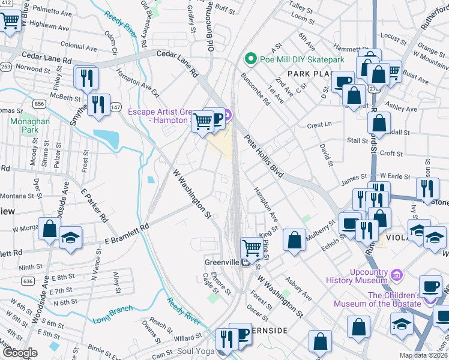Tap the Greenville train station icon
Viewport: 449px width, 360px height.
pyautogui.click(x=246, y=263)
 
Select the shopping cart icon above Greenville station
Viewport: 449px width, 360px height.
pyautogui.click(x=250, y=247)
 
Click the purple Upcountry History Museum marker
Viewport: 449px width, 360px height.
pyautogui.click(x=396, y=275)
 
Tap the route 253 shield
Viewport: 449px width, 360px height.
pyautogui.click(x=5, y=67)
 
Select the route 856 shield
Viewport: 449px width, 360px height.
pyautogui.click(x=40, y=104)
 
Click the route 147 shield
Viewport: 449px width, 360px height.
pyautogui.click(x=115, y=106)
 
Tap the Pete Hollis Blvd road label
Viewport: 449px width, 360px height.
pyautogui.click(x=264, y=155)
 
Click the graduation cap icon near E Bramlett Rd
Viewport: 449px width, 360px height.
pyautogui.click(x=70, y=238)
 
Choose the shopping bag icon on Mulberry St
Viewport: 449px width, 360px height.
pyautogui.click(x=294, y=240)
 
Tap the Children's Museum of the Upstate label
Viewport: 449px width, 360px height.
pyautogui.click(x=394, y=299)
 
